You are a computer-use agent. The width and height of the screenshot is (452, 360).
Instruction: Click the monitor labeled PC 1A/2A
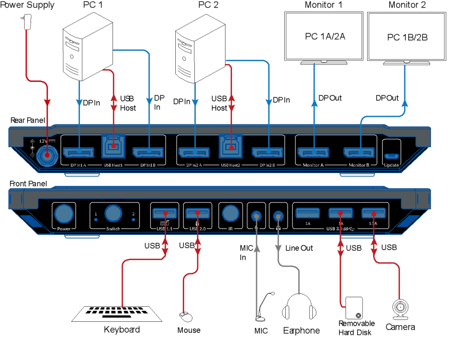point(324,36)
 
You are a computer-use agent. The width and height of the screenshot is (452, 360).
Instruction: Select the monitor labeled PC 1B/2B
point(407,37)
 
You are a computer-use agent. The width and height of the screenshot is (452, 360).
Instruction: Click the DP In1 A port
point(79,152)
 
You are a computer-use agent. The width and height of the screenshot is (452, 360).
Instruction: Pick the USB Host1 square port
point(114,147)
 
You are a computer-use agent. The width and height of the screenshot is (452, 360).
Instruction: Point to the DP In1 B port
point(149,152)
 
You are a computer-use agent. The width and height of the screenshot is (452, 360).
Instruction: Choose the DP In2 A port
point(195,152)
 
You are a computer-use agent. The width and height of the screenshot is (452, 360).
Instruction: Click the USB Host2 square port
point(231,147)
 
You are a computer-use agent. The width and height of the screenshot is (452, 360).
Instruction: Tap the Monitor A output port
point(313,152)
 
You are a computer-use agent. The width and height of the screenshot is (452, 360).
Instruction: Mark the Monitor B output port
point(360,152)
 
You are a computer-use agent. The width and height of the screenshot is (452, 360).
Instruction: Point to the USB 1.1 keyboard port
point(164,213)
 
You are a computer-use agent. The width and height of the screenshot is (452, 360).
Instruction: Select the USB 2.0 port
point(197,213)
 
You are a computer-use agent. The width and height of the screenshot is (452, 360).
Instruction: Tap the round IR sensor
point(231,213)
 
